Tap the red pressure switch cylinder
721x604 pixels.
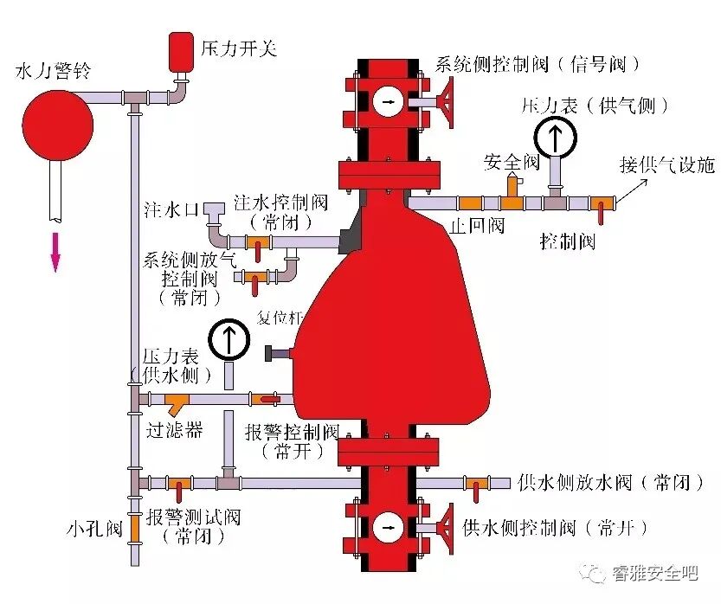click(x=180, y=51)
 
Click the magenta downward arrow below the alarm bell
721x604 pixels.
click(x=55, y=251)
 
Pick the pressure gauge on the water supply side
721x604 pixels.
click(x=229, y=339)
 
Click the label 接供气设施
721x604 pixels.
click(x=667, y=164)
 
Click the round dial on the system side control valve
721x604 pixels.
click(x=387, y=102)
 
